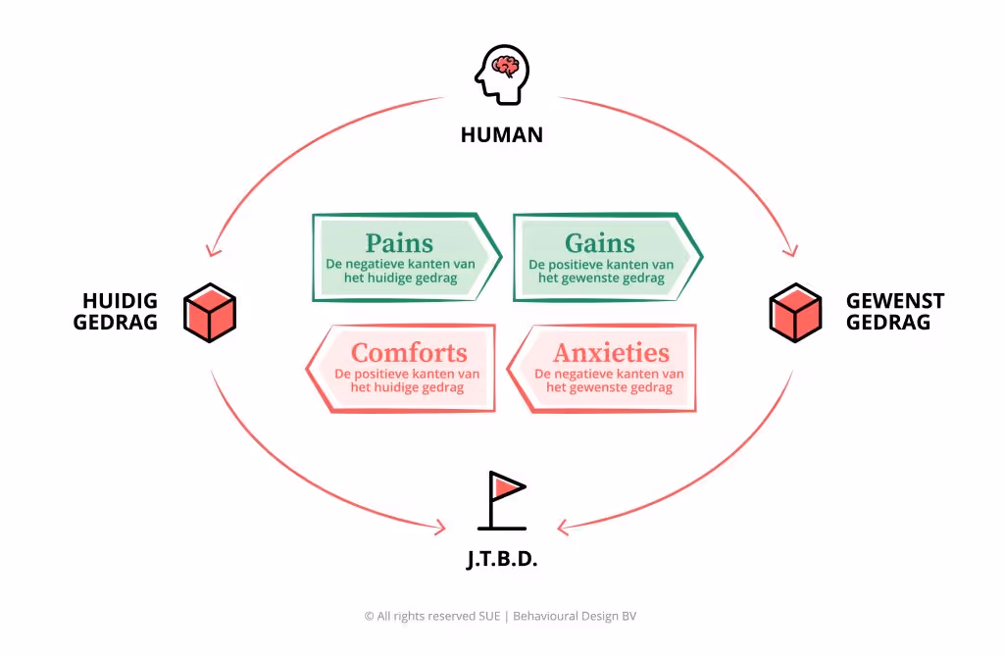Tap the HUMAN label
tap(501, 134)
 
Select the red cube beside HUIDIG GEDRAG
tap(210, 312)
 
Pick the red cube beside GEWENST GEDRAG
tap(794, 312)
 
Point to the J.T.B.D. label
tap(501, 561)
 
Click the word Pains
tap(399, 242)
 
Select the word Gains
tap(600, 242)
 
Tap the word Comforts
tap(409, 352)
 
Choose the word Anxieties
tap(611, 352)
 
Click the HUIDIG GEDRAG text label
tap(116, 311)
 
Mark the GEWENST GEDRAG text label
tap(895, 311)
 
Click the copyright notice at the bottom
tap(501, 616)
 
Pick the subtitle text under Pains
tap(400, 272)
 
